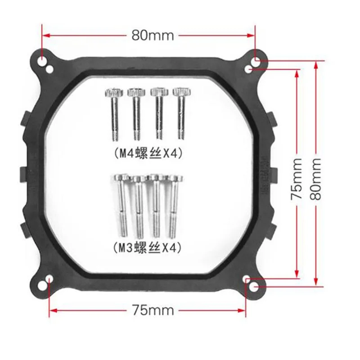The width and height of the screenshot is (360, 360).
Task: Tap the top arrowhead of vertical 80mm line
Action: click(316, 64)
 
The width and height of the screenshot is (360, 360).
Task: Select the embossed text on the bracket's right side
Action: click(263, 174)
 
